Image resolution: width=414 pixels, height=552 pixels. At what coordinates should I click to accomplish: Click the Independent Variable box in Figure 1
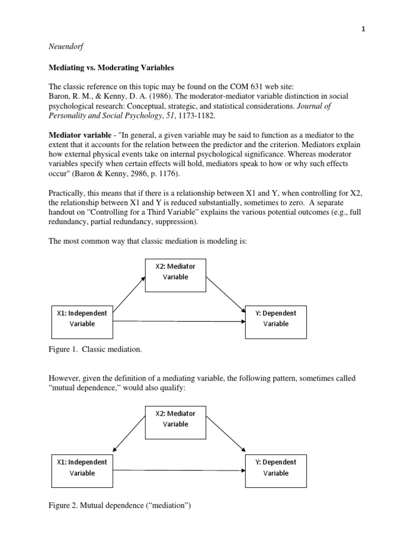point(82,319)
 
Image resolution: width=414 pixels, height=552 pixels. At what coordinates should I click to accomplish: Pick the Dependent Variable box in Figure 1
point(275,319)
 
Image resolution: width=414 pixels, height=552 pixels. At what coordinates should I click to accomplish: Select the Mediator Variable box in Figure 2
point(176,419)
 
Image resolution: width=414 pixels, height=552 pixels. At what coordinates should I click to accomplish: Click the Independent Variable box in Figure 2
point(82,467)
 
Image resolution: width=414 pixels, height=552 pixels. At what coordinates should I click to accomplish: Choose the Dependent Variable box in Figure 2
point(275,467)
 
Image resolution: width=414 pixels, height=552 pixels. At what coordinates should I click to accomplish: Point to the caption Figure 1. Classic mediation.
point(95,350)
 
